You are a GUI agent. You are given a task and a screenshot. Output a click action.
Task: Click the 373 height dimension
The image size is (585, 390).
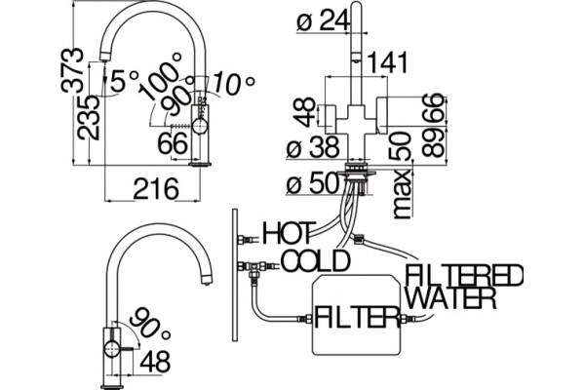tap(72, 69)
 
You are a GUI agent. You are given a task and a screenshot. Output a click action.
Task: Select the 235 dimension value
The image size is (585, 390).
tap(89, 118)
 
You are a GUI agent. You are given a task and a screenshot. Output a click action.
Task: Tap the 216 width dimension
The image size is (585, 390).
tap(156, 189)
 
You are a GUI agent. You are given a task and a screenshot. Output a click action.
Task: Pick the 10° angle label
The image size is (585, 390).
tap(234, 83)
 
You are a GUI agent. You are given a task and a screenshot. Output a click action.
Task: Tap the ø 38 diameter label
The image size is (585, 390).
tap(313, 146)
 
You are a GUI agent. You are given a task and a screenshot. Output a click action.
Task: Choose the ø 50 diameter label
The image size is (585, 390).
tap(313, 183)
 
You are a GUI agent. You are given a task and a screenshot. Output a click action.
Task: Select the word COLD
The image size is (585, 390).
tap(316, 260)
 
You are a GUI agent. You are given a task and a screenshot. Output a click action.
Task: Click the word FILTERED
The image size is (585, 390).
tap(464, 275)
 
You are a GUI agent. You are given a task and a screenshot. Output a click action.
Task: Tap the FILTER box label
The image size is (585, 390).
tap(357, 317)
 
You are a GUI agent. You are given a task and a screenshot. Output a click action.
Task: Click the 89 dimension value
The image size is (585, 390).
tap(434, 143)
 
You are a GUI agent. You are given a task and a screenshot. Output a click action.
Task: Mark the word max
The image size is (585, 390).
tap(402, 194)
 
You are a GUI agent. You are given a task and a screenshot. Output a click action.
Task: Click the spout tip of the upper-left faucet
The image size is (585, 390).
tap(104, 58)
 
